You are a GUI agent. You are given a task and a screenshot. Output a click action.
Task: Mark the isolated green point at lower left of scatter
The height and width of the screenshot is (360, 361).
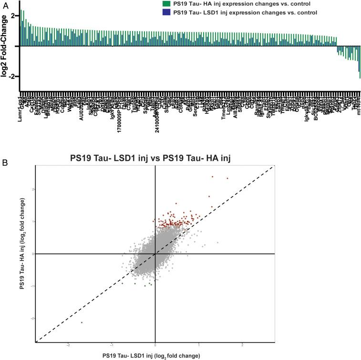click(x=82, y=322)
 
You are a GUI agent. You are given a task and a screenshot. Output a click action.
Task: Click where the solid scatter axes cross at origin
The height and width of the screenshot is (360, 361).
click(x=155, y=254)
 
